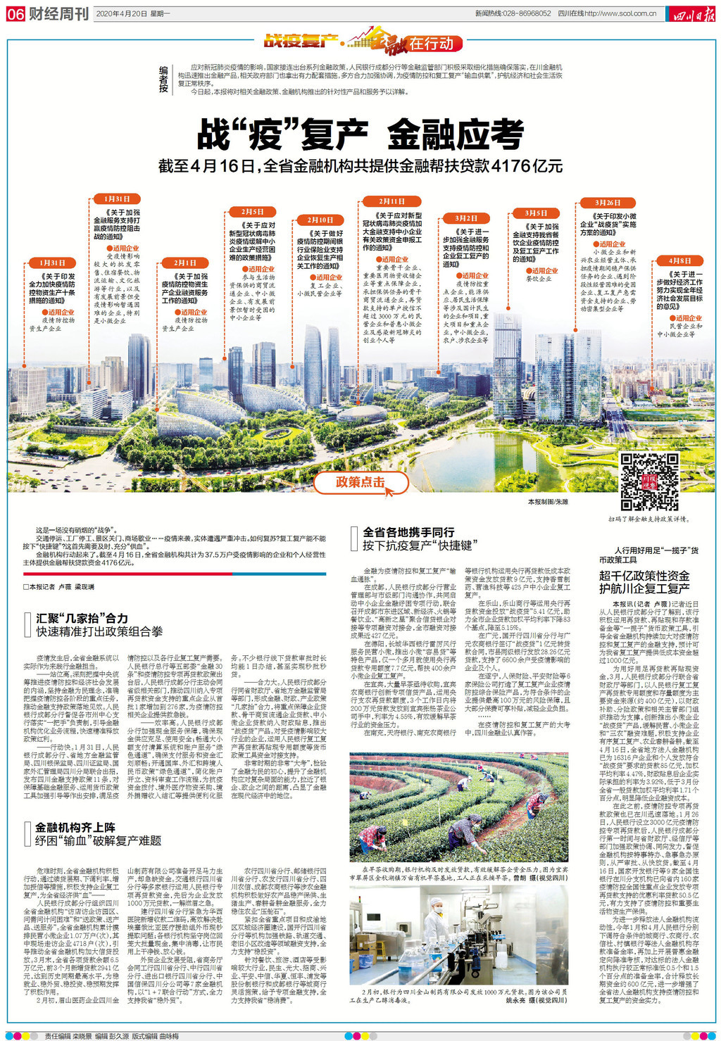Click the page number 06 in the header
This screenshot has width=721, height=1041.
(x=15, y=14)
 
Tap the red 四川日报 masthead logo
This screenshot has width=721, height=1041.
(x=693, y=14)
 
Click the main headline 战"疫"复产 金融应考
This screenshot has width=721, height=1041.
(x=360, y=134)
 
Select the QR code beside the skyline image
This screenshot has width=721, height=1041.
(x=649, y=481)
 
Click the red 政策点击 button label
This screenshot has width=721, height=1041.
(x=360, y=482)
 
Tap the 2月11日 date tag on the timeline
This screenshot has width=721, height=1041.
(x=391, y=201)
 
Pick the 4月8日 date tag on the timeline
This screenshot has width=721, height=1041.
(x=680, y=260)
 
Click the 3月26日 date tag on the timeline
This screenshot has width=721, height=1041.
(x=608, y=203)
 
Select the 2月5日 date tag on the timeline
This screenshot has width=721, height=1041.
(x=252, y=212)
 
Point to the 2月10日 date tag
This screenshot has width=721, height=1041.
(x=320, y=220)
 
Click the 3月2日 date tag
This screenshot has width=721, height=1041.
(x=466, y=218)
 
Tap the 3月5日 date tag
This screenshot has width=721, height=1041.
(x=535, y=213)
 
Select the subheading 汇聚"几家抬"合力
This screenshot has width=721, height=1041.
(x=82, y=618)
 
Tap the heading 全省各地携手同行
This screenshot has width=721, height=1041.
(x=408, y=532)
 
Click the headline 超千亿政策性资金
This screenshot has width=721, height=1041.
(x=644, y=576)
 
